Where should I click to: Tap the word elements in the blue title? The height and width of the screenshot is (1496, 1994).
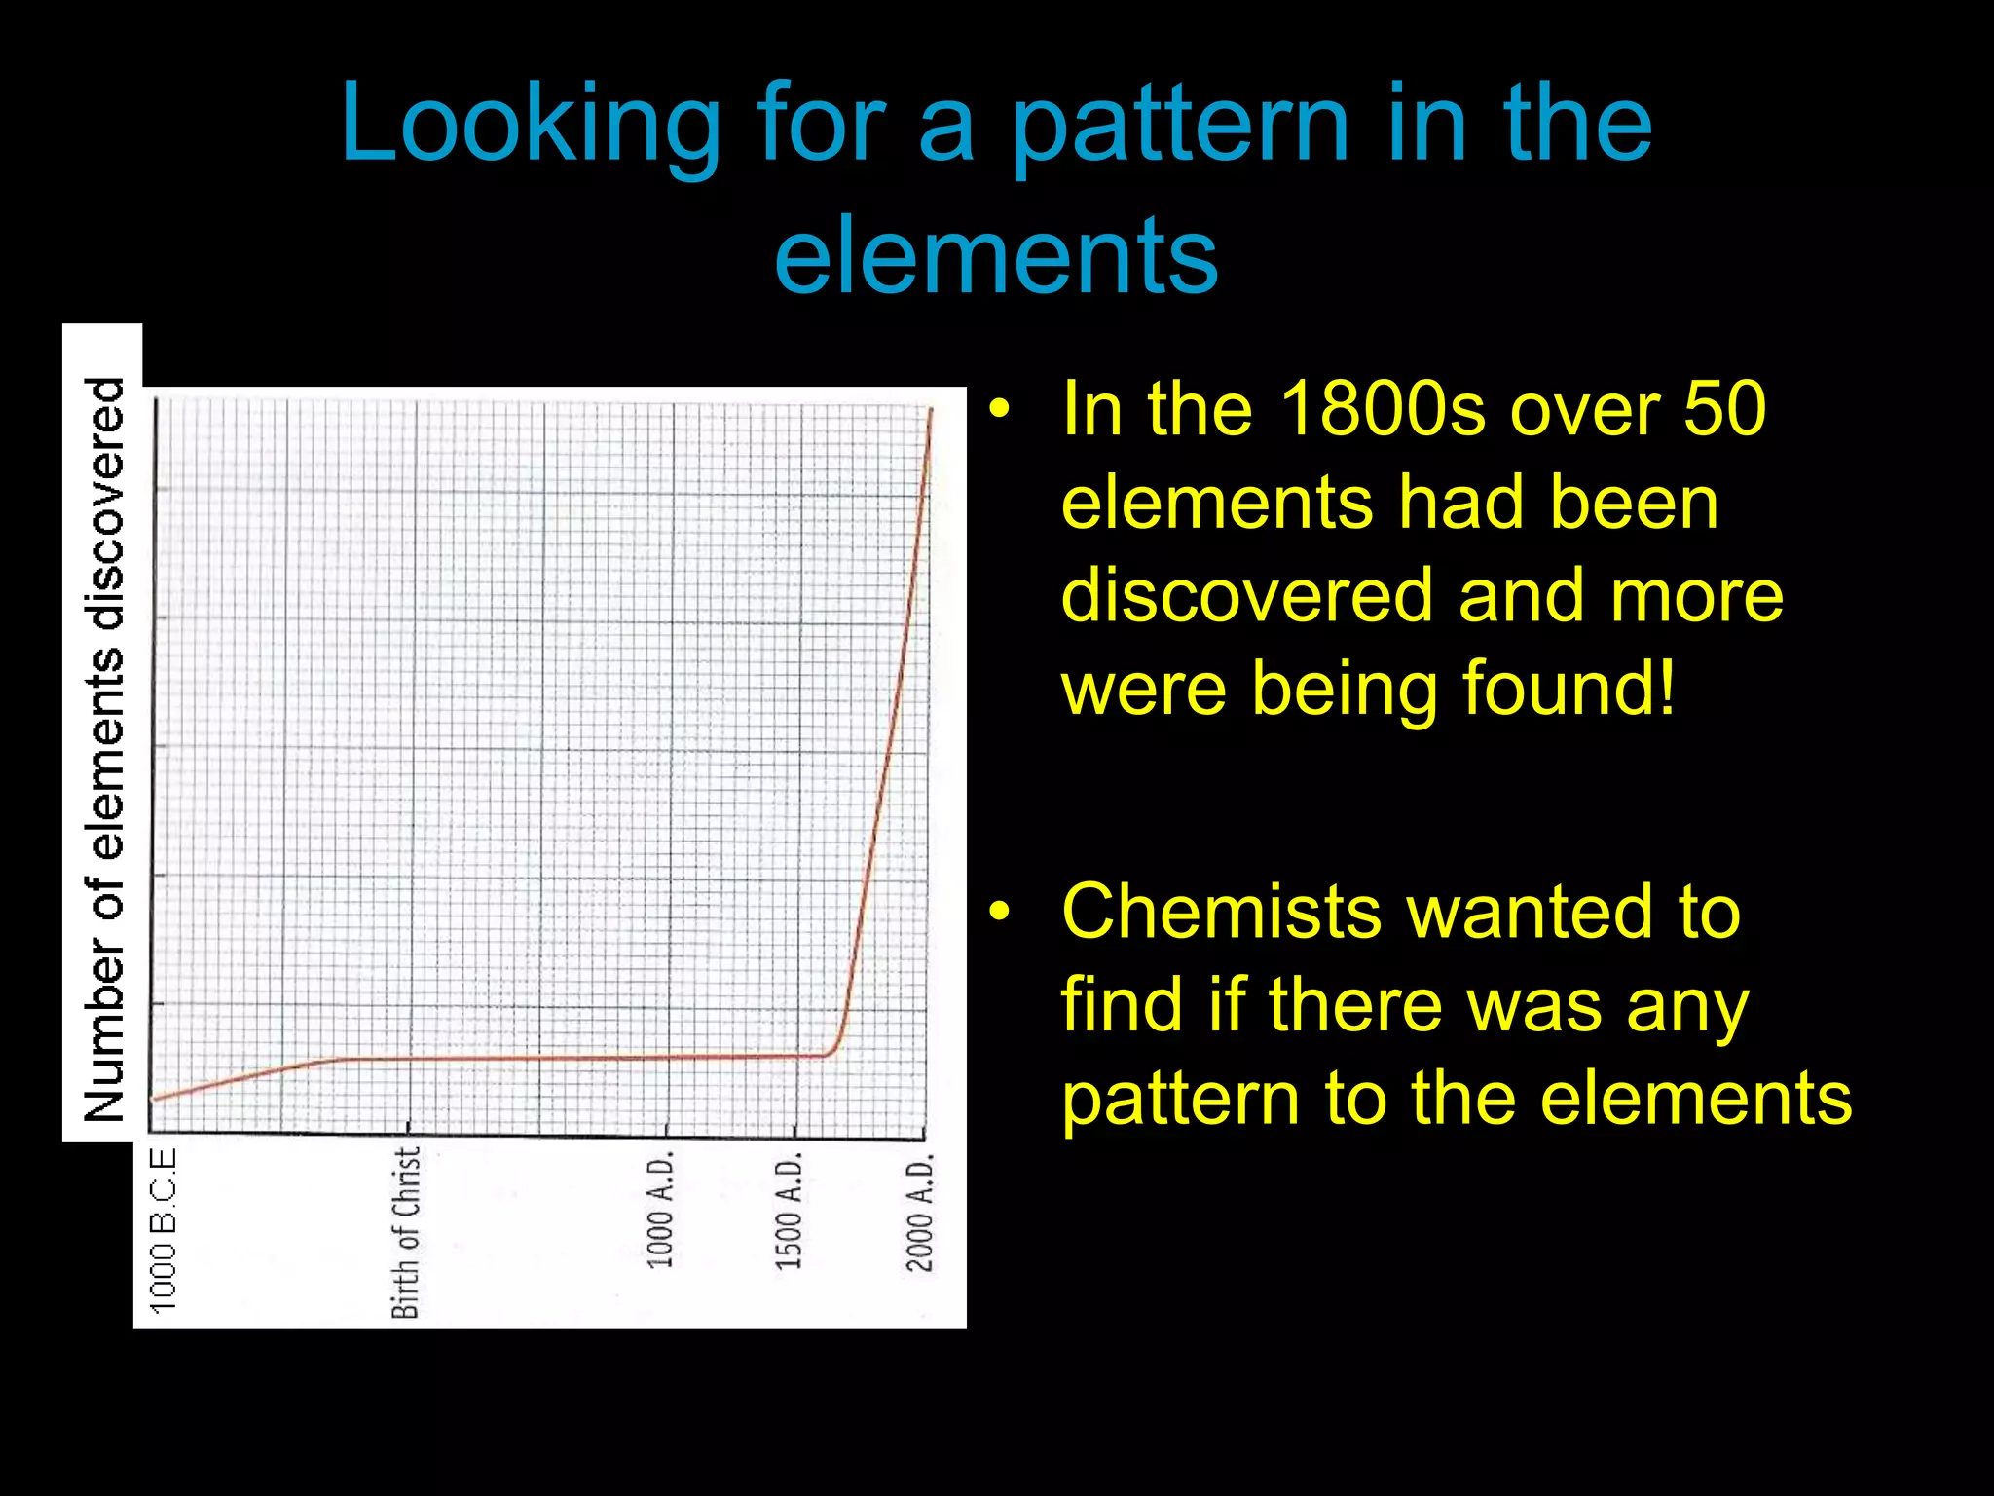point(995,256)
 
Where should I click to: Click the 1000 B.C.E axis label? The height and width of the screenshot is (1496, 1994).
point(164,1229)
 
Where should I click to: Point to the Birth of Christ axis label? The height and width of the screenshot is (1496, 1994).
point(406,1232)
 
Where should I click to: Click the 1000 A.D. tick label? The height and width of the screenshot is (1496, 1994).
point(661,1211)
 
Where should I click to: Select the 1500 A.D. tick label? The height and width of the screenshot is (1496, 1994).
point(789,1211)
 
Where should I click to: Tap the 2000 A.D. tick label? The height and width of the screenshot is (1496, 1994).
point(919,1213)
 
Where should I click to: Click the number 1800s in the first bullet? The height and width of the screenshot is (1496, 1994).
point(1383,409)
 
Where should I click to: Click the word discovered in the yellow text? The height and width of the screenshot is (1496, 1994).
point(1245,595)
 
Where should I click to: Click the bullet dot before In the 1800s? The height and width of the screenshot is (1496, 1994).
point(999,410)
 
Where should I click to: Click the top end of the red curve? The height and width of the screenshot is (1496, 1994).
point(932,411)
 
